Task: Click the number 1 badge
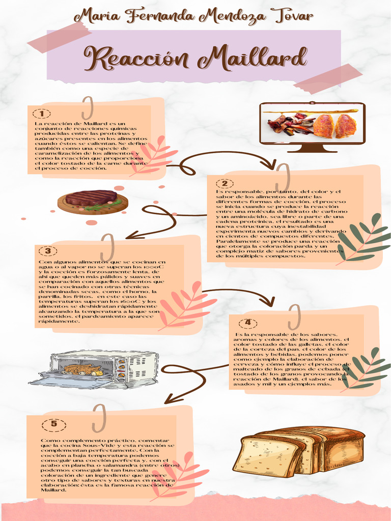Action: [x=42, y=113]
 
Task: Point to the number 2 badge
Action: [x=225, y=183]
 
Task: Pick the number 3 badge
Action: [x=48, y=250]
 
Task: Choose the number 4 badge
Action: [x=248, y=323]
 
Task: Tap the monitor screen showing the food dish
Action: [x=312, y=124]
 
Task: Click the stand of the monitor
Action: [x=312, y=149]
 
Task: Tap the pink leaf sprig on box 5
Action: [x=176, y=475]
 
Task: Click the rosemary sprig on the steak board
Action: [x=104, y=206]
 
